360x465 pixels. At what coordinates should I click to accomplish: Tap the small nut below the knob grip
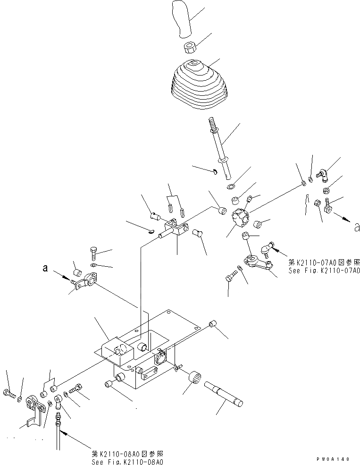tap(190, 48)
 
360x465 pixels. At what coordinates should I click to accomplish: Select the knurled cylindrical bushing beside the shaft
tap(196, 377)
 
